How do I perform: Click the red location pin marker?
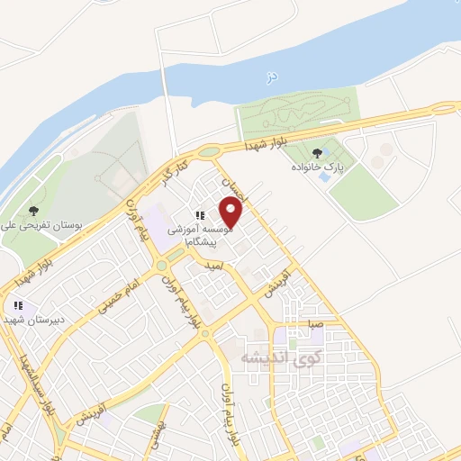[231, 213]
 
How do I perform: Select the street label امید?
[212, 267]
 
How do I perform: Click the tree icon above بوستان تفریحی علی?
[33, 210]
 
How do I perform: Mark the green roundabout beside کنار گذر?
[210, 152]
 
